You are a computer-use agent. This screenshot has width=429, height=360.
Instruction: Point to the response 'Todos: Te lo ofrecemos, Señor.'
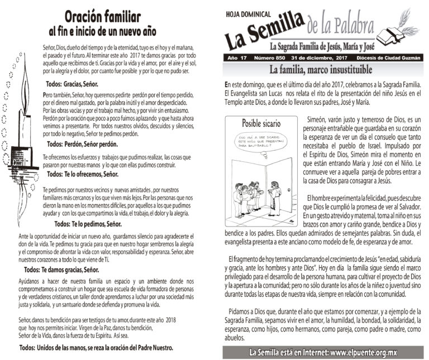click(x=83, y=174)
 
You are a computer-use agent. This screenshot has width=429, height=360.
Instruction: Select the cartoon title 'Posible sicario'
click(x=261, y=122)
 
